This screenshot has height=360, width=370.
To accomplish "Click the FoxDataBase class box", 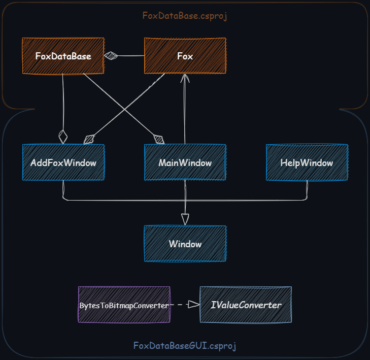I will (63, 56).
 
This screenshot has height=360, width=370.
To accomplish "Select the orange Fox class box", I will (185, 56).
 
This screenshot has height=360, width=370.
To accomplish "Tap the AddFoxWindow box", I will (63, 162).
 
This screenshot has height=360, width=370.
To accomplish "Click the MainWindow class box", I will (185, 162).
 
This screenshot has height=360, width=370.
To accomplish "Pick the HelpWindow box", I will (307, 162).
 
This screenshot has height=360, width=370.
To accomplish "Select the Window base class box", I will (185, 244).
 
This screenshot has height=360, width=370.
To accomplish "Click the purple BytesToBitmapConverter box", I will (124, 305).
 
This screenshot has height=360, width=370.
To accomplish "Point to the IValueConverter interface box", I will (246, 305).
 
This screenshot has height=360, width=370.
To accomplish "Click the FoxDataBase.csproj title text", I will (184, 16).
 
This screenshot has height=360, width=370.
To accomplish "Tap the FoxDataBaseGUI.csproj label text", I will (185, 346).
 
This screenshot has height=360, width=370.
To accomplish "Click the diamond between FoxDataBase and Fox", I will (111, 56).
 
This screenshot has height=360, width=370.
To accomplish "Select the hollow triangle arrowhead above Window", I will (185, 219).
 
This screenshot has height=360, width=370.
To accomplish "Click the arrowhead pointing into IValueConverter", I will (193, 305).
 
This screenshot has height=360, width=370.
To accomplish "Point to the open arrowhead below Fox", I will (185, 78).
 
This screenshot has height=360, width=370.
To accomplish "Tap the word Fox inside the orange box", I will (185, 56).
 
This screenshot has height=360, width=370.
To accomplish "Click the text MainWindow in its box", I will (185, 163).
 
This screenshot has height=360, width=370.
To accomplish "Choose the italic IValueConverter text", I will (246, 305).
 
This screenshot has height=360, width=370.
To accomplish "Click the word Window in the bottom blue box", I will (185, 244).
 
